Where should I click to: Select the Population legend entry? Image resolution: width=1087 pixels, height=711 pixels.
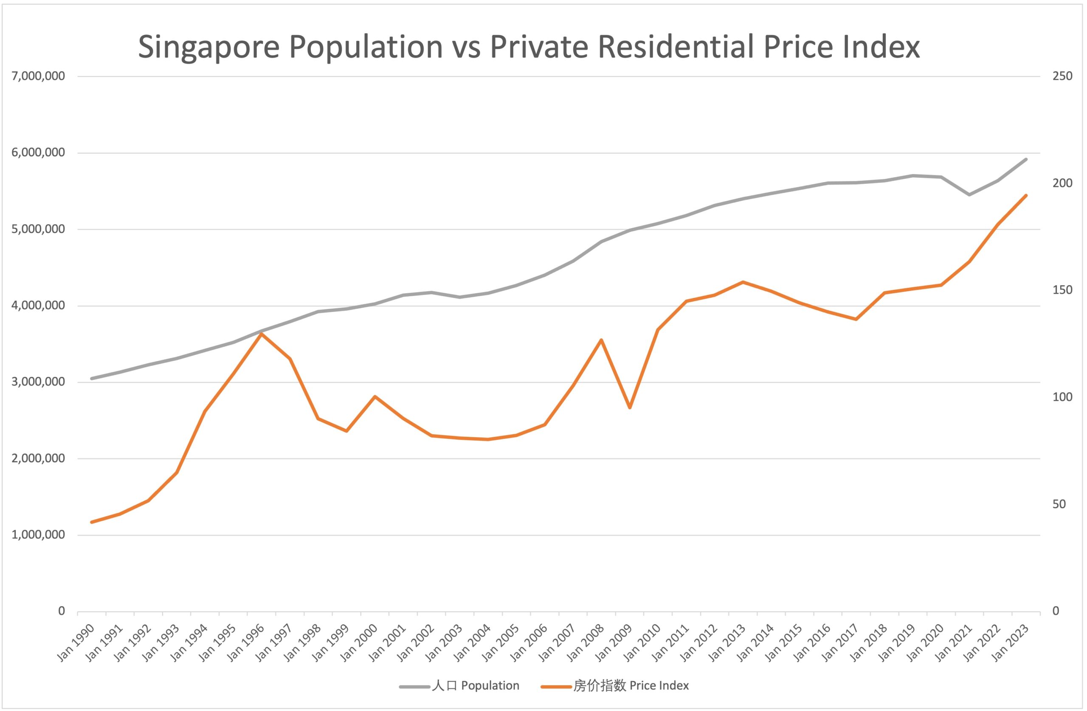[476, 686]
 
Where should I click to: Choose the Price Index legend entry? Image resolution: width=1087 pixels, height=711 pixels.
[631, 686]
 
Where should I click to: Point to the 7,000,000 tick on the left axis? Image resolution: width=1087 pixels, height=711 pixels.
[38, 76]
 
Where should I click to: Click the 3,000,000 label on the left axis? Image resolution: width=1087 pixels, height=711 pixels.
[38, 382]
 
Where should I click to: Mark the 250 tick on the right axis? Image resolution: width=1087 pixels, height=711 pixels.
[1062, 76]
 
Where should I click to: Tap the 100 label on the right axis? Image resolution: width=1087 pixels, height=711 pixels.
[1062, 397]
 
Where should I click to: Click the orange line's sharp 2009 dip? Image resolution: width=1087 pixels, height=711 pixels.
[630, 407]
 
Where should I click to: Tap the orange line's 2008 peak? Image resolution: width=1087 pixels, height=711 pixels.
[602, 340]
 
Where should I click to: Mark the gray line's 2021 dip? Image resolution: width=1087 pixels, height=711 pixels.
[969, 194]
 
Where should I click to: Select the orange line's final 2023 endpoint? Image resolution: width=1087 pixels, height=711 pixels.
[1026, 195]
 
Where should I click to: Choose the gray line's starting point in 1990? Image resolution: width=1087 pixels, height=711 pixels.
[92, 378]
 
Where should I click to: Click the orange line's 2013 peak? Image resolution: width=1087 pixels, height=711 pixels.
[743, 282]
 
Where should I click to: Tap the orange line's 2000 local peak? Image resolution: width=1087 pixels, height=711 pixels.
[375, 396]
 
